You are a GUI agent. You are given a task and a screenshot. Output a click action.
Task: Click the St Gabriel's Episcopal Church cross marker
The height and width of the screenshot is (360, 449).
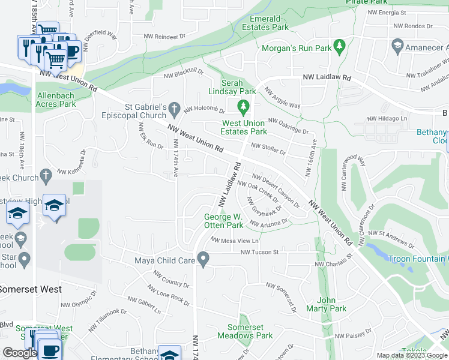[174, 109]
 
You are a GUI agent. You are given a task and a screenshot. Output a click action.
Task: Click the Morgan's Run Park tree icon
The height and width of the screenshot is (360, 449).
[339, 46]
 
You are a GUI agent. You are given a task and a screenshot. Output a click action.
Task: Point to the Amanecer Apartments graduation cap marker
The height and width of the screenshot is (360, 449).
[397, 46]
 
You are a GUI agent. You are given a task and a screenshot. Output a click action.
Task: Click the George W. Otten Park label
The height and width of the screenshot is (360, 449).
[223, 221]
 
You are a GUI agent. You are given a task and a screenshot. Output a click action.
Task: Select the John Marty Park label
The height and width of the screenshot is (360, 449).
[331, 304]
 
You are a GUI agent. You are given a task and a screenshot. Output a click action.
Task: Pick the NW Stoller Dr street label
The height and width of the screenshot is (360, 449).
[268, 149]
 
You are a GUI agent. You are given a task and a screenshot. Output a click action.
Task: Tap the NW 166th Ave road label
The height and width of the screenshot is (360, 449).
[310, 158]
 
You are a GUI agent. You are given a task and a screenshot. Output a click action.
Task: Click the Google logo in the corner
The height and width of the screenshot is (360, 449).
[20, 353]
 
